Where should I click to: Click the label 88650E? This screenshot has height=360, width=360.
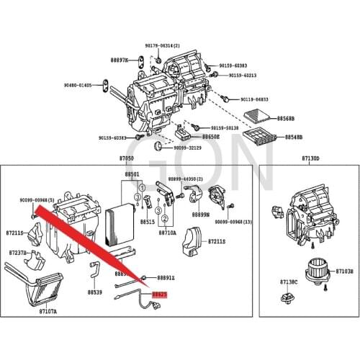[x=211, y=136]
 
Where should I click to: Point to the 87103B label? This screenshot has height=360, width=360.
[x=345, y=271]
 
